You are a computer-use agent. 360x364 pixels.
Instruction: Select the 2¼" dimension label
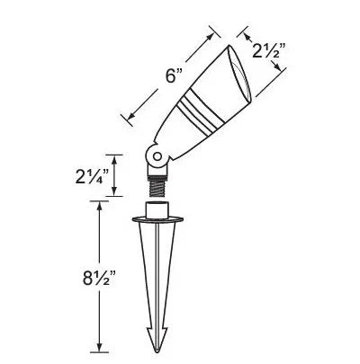[92, 176]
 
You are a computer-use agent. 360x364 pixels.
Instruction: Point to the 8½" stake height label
[99, 278]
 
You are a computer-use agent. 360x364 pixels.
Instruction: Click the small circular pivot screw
[157, 156]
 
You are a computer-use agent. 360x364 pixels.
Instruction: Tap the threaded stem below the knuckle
[157, 187]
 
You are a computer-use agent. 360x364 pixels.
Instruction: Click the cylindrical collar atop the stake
[157, 209]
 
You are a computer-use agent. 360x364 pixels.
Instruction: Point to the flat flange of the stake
[157, 220]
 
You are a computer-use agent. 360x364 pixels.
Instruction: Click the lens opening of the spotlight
[240, 73]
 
